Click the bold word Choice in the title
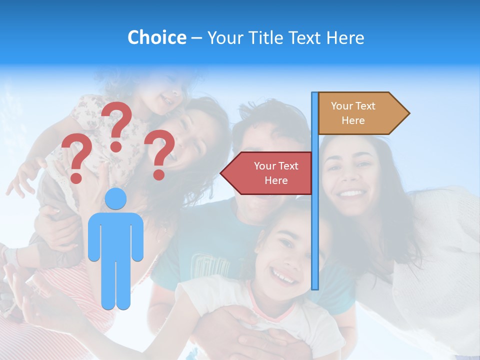click(x=156, y=37)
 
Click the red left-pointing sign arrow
click(x=270, y=173)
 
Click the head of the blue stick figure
click(x=115, y=198)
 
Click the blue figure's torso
click(x=115, y=235)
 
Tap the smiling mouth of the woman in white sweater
click(x=352, y=192)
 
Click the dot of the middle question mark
click(x=116, y=146)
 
